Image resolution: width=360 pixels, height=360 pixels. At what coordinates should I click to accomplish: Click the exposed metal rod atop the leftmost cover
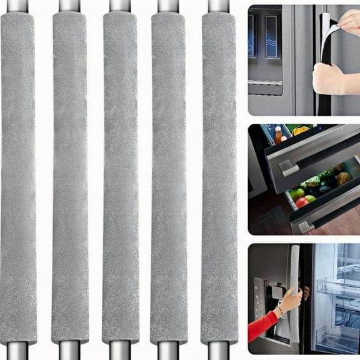tap(18, 6)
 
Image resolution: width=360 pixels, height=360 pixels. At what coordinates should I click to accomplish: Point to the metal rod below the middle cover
tap(120, 351)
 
